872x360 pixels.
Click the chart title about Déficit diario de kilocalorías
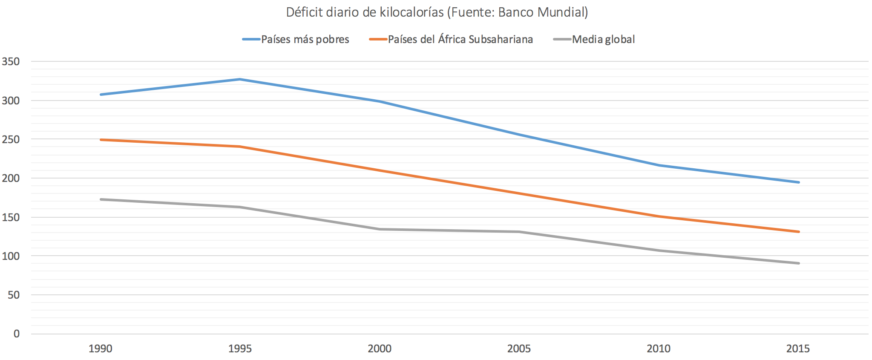pyautogui.click(x=437, y=12)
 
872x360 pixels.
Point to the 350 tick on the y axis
pyautogui.click(x=11, y=62)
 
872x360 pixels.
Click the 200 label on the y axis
pyautogui.click(x=11, y=179)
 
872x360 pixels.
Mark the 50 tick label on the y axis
pyautogui.click(x=14, y=295)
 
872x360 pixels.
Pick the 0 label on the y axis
pyautogui.click(x=17, y=334)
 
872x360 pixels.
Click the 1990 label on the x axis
pyautogui.click(x=100, y=349)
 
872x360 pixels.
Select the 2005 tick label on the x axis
pyautogui.click(x=519, y=349)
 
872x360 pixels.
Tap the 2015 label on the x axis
pyautogui.click(x=798, y=349)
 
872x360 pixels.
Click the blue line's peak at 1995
pyautogui.click(x=240, y=79)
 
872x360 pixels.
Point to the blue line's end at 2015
pyautogui.click(x=798, y=182)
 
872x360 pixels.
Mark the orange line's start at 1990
pyautogui.click(x=101, y=140)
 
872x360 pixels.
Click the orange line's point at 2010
pyautogui.click(x=659, y=216)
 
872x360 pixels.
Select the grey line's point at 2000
pyautogui.click(x=380, y=229)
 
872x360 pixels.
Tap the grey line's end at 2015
pyautogui.click(x=798, y=263)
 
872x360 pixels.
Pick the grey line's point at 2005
pyautogui.click(x=519, y=232)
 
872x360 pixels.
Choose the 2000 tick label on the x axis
pyautogui.click(x=380, y=349)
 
